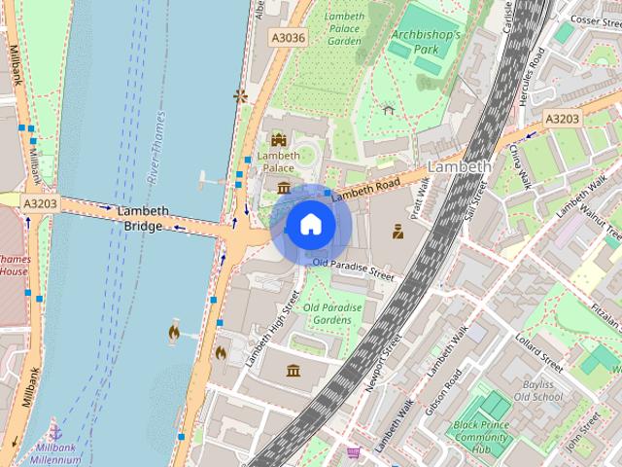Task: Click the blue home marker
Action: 310,225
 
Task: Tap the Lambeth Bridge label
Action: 143,218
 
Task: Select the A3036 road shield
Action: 289,37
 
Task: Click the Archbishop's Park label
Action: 426,41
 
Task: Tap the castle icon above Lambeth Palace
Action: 279,139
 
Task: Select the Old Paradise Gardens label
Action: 332,313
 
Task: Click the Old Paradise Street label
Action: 354,269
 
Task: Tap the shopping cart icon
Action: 354,452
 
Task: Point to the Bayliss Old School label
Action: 537,390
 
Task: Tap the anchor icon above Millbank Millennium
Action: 56,431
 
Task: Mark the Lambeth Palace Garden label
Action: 344,29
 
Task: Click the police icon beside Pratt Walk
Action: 397,233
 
